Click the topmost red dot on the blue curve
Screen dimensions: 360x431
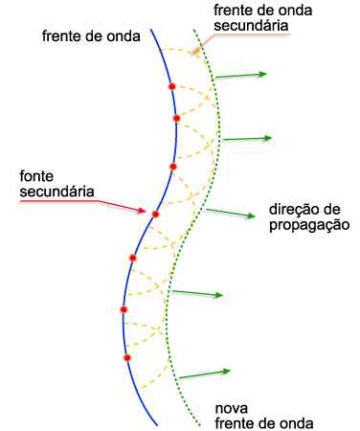172,86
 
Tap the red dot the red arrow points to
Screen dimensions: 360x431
155,215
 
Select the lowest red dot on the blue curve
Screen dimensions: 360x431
127,358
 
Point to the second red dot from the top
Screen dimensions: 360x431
176,119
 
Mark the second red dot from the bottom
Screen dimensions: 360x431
124,309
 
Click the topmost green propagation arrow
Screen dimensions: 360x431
241,76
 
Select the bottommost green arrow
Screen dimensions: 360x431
205,374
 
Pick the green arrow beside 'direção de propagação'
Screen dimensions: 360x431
231,213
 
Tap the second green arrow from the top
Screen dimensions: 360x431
247,139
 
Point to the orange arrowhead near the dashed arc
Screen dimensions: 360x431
196,52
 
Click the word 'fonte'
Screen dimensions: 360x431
36,176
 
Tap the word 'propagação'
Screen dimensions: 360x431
309,225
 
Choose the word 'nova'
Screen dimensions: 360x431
232,408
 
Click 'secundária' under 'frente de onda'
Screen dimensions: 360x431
251,26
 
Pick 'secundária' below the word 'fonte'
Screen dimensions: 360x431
56,192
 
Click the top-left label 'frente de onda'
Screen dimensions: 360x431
91,36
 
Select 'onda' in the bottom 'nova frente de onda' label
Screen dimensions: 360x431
297,423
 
